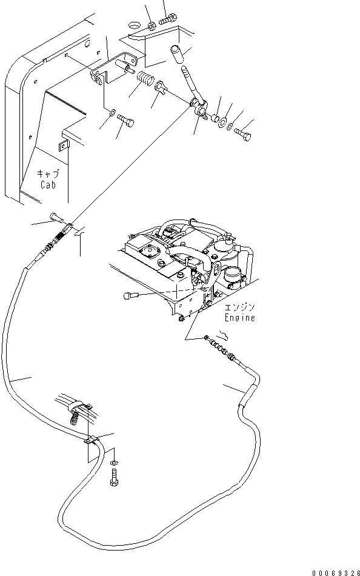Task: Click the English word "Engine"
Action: click(240, 317)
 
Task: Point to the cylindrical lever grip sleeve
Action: click(176, 53)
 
